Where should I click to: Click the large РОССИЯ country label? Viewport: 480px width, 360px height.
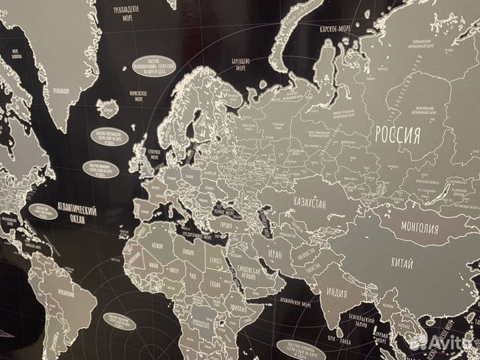pyautogui.click(x=398, y=135)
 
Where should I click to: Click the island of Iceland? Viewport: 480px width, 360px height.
pyautogui.click(x=108, y=108)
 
